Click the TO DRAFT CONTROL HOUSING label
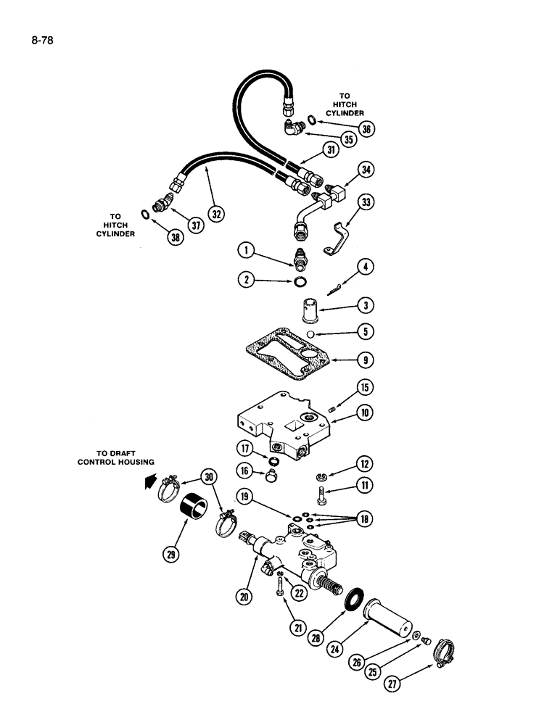click(x=116, y=458)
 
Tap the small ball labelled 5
click(x=309, y=333)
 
